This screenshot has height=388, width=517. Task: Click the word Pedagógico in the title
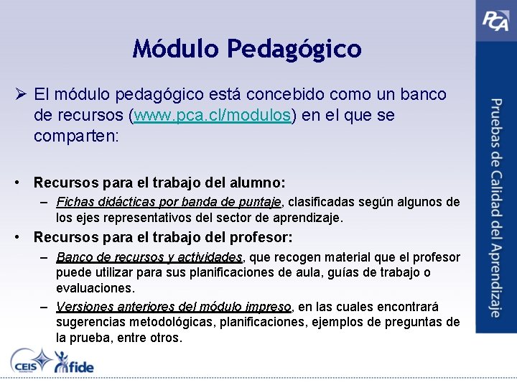point(294,49)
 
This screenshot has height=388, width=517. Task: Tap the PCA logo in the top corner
point(495,19)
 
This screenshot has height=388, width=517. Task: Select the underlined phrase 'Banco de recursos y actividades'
point(149,257)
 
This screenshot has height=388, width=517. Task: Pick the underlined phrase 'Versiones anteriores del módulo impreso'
point(174,307)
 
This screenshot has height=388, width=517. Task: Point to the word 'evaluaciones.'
point(95,287)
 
